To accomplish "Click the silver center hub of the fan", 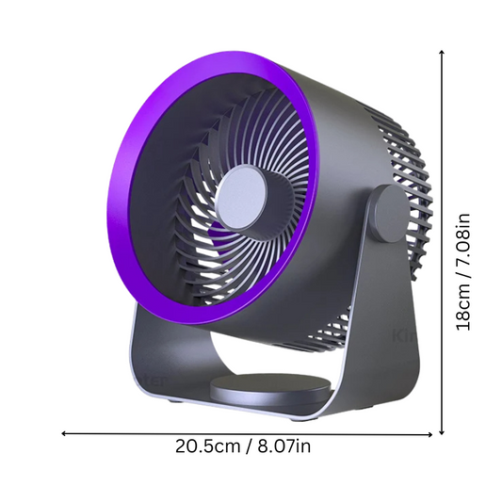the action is (x=241, y=198).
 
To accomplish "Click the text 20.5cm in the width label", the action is (x=207, y=446).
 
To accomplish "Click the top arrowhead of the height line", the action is (x=442, y=53).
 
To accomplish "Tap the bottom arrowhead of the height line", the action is (x=442, y=432).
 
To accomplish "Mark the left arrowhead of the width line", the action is (x=64, y=433).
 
